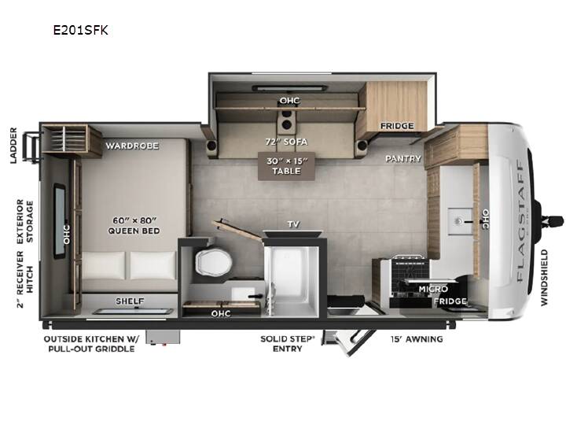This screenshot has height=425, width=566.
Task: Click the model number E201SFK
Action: pyautogui.click(x=80, y=30)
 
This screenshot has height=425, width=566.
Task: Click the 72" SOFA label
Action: pyautogui.click(x=287, y=142)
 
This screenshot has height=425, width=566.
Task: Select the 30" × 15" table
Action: pyautogui.click(x=286, y=166)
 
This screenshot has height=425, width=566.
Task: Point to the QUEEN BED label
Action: pyautogui.click(x=134, y=231)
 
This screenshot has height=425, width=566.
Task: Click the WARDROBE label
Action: pyautogui.click(x=132, y=146)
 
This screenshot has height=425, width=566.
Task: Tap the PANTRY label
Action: pyautogui.click(x=403, y=159)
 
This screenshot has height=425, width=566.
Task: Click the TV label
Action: pyautogui.click(x=293, y=224)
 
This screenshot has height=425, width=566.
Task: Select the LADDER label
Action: pyautogui.click(x=13, y=146)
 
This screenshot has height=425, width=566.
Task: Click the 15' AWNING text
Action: pyautogui.click(x=417, y=339)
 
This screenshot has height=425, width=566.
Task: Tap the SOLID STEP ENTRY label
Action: pyautogui.click(x=288, y=344)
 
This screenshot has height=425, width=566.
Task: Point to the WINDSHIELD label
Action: pyautogui.click(x=544, y=278)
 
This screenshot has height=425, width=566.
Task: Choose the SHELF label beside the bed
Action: pyautogui.click(x=130, y=301)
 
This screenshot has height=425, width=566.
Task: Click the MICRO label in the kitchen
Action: pyautogui.click(x=433, y=289)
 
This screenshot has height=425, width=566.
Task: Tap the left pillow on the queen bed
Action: pyautogui.click(x=104, y=266)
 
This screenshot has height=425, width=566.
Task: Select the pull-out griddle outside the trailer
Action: pyautogui.click(x=163, y=337)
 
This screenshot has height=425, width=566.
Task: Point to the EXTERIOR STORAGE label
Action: pyautogui.click(x=25, y=221)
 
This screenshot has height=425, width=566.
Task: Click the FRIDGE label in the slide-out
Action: pyautogui.click(x=397, y=126)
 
